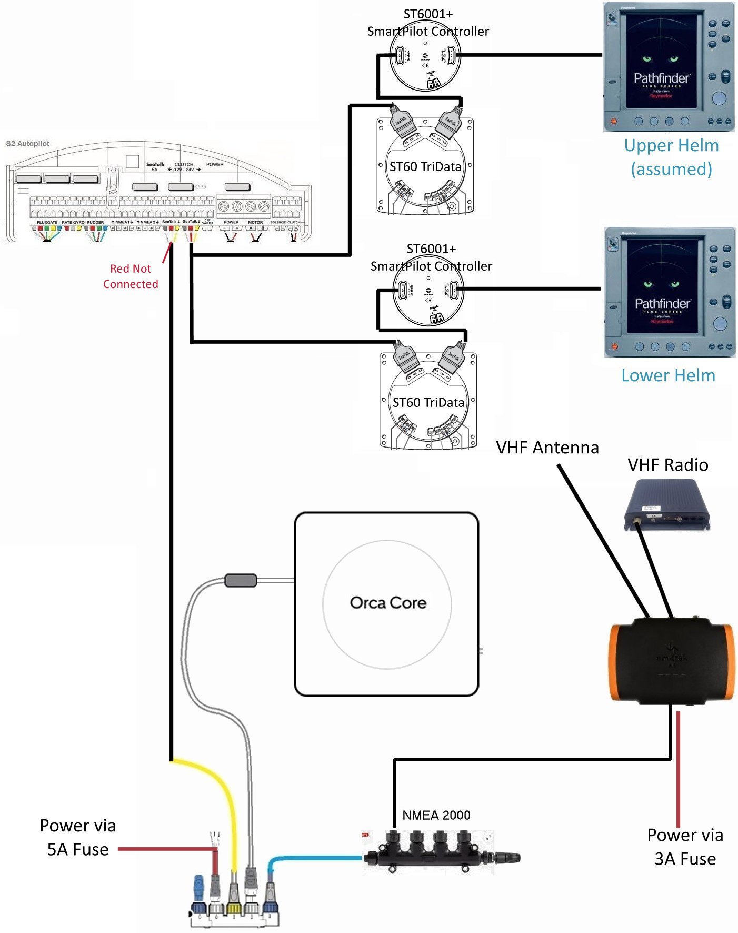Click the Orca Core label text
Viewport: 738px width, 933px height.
coord(388,602)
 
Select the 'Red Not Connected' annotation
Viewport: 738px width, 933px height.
coord(131,276)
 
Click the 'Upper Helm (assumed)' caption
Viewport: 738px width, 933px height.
coord(671,157)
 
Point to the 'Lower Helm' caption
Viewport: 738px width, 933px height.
coord(668,375)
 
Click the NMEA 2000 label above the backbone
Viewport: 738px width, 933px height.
coord(436,815)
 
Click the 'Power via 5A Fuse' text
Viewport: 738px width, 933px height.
coord(78,837)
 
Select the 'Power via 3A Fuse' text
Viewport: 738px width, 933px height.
coord(685,847)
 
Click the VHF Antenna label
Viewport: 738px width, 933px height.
coord(547,448)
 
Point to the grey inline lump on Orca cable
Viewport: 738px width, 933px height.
coord(241,580)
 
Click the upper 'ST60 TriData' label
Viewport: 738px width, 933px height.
coord(425,167)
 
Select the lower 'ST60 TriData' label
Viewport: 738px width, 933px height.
coord(428,403)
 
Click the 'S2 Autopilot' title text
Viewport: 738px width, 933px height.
coord(27,143)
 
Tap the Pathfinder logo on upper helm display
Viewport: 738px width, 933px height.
coord(661,78)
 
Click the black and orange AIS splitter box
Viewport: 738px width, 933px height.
coord(671,662)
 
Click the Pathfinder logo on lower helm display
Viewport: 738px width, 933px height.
coord(662,304)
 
